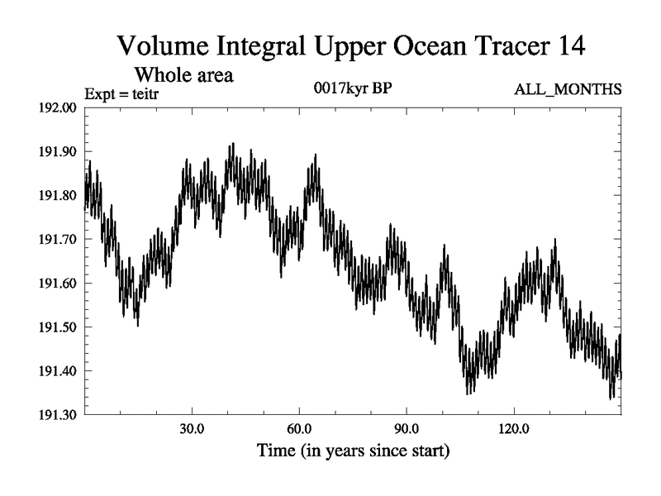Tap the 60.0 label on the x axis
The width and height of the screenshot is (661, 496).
299,432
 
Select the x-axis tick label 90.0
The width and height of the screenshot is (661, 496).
407,432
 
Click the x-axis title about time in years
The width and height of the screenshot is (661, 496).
353,452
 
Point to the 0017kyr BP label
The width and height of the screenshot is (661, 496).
353,88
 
